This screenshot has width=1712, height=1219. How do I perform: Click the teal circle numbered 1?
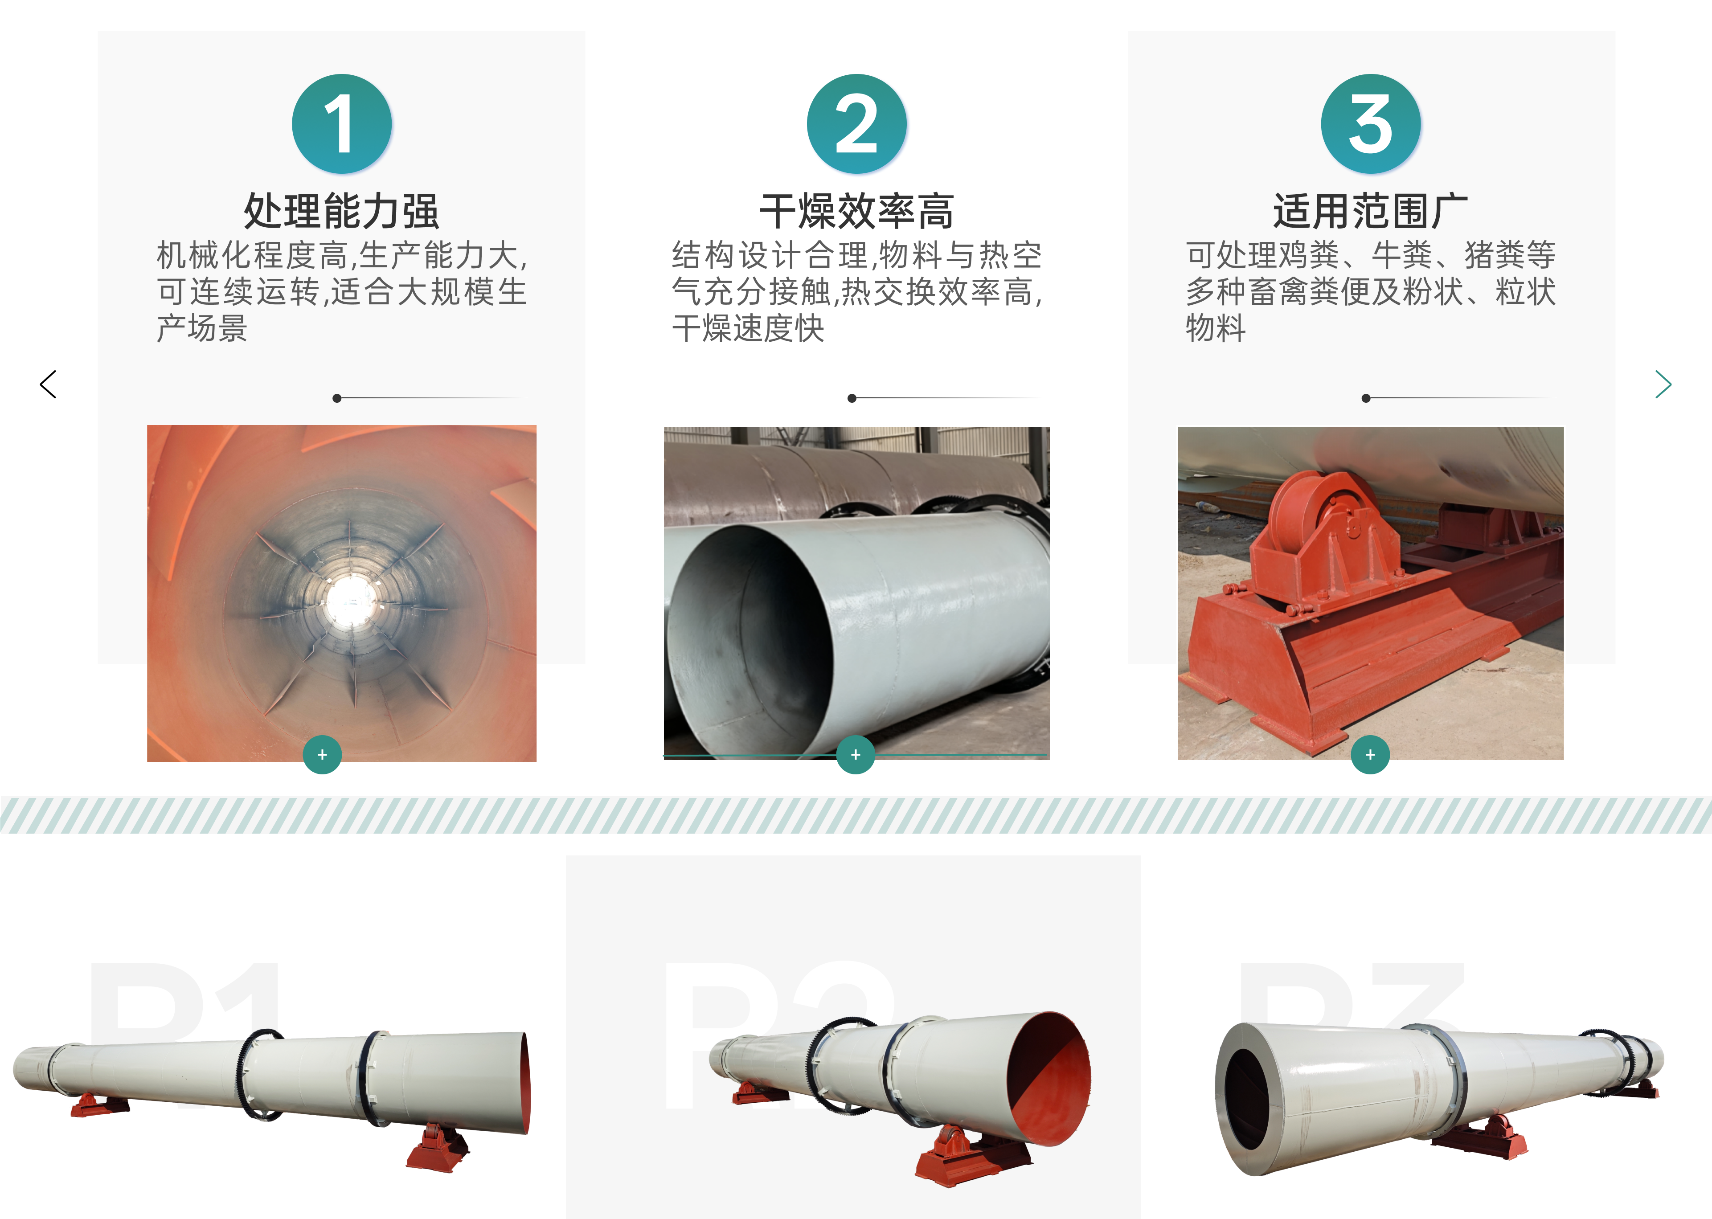click(341, 124)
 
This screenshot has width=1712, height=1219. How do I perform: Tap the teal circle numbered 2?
click(856, 124)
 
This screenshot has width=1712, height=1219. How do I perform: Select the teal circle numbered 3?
click(1371, 124)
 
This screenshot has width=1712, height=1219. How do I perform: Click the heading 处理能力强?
click(341, 211)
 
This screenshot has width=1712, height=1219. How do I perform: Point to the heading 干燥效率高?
click(856, 211)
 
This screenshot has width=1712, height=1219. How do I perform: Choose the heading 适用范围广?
click(1371, 211)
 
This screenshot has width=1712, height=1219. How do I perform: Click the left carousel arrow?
click(48, 385)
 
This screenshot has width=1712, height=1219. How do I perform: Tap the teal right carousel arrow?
click(1663, 385)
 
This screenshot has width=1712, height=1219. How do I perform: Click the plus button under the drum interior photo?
click(323, 754)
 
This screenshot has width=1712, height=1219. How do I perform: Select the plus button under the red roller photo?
click(1371, 754)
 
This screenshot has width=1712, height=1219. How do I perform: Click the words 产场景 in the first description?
click(202, 328)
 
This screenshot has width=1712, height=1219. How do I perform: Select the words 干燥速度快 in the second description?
click(748, 328)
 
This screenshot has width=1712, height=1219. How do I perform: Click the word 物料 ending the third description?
click(1216, 328)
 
